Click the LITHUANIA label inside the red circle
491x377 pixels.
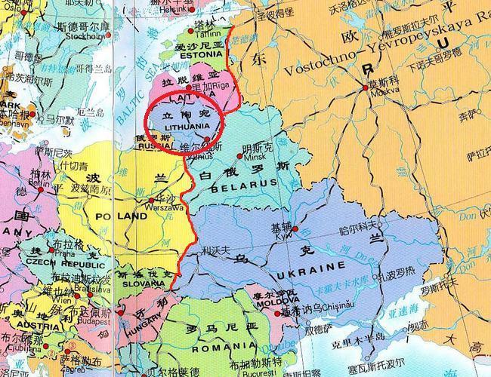click(x=184, y=127)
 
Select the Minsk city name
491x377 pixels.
click(x=252, y=159)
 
